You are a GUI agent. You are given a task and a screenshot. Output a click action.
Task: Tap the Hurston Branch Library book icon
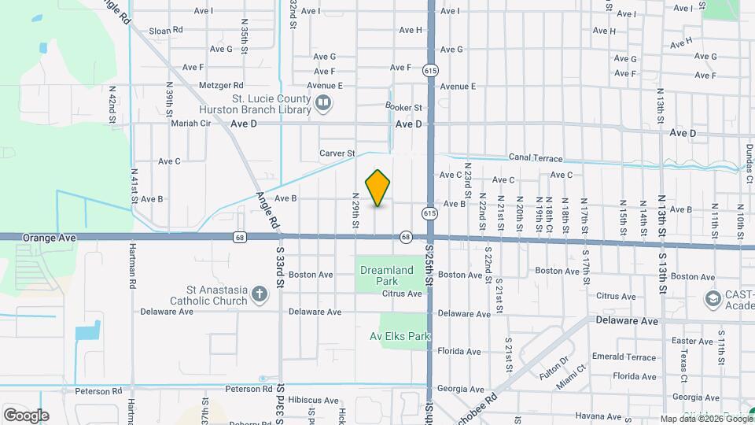click(x=322, y=103)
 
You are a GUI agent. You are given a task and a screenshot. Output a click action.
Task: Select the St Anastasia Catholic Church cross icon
click(x=260, y=295)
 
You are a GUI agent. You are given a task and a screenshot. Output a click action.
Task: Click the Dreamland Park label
click(x=386, y=275)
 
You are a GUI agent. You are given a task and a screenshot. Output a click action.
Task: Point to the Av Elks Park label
click(x=400, y=336)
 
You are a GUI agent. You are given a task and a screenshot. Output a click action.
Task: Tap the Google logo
click(x=26, y=415)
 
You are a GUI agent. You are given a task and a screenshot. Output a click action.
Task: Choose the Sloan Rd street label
click(x=166, y=30)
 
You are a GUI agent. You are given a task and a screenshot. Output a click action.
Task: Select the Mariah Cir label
click(x=192, y=124)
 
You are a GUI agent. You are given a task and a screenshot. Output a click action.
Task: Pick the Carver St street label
click(x=337, y=153)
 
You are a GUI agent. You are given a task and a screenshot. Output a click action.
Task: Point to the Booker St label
click(x=403, y=107)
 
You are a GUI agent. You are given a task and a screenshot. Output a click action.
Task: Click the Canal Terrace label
click(x=536, y=157)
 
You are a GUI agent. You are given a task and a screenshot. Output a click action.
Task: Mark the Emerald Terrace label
click(x=624, y=357)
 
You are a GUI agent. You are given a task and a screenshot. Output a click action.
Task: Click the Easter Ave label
click(x=671, y=341)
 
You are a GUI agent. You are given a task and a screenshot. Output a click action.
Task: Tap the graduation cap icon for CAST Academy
click(x=713, y=298)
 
